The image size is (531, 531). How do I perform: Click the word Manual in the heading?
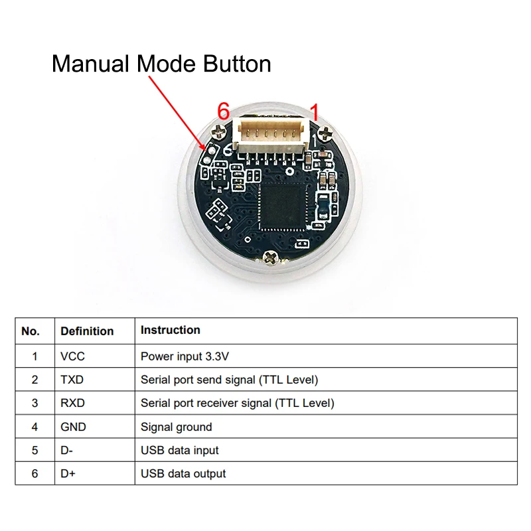[x=90, y=64]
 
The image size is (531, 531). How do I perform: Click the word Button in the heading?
[x=237, y=64]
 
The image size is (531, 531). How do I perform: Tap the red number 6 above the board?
[x=224, y=111]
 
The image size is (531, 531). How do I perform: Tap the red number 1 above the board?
[x=315, y=112]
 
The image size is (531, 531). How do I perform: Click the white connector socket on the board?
[x=271, y=135]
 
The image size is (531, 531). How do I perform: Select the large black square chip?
[x=281, y=206]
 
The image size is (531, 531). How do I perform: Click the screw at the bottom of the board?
[x=271, y=258]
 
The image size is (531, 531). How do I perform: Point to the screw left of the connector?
[x=219, y=131]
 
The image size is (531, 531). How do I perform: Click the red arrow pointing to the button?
[x=177, y=113]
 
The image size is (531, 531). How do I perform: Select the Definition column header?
[x=87, y=331]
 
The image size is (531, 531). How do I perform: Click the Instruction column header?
[x=171, y=330]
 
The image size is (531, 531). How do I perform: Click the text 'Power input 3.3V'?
[x=185, y=356]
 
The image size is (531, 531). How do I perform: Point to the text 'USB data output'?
[x=183, y=473]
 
